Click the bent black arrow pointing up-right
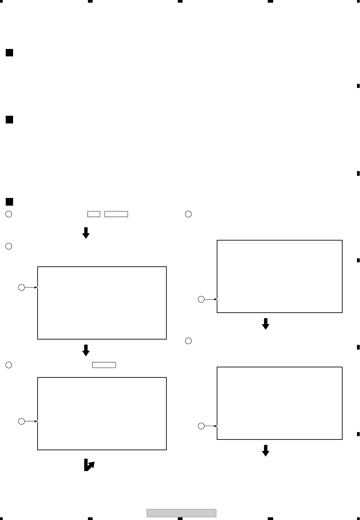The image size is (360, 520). [89, 465]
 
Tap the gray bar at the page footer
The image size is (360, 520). [181, 513]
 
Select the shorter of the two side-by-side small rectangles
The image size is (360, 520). [94, 214]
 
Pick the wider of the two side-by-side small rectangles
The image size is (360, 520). [116, 214]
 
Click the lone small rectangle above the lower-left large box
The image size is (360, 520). [104, 365]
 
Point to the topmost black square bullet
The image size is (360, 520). [9, 53]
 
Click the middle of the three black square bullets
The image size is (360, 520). [9, 119]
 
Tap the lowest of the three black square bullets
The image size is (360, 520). [9, 202]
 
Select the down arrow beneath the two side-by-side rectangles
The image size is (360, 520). [86, 233]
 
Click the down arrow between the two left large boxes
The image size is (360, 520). [86, 350]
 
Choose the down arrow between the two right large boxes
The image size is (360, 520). [266, 324]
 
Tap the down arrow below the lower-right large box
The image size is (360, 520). [266, 451]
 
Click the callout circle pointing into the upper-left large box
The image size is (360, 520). [21, 288]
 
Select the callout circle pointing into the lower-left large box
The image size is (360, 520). [21, 421]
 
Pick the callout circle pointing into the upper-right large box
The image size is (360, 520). [201, 299]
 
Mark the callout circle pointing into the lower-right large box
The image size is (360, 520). [201, 426]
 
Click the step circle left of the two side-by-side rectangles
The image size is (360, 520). [9, 214]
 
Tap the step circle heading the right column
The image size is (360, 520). [189, 214]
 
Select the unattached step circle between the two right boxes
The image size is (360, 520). [189, 341]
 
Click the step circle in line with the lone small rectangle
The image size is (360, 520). [9, 365]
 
